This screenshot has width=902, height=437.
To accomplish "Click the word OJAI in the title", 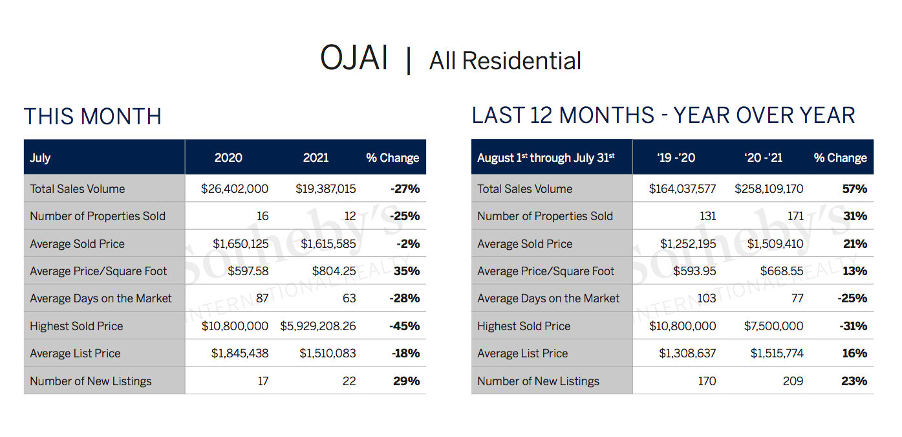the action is click(x=354, y=58).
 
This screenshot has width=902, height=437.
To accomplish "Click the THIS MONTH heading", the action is click(x=92, y=117).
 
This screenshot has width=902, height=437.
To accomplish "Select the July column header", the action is click(x=40, y=157).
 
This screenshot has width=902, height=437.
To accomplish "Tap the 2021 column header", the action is click(x=316, y=157).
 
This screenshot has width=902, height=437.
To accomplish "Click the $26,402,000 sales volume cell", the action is click(x=234, y=188).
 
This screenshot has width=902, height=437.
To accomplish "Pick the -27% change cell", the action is click(x=405, y=188).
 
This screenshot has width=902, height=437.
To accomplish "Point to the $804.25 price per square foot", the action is click(x=334, y=271).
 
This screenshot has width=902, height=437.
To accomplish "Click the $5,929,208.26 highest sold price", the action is click(x=318, y=326).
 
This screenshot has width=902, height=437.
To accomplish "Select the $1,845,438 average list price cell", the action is click(x=240, y=353).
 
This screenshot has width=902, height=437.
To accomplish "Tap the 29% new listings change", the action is click(x=406, y=381).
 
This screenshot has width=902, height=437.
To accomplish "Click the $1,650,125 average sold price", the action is click(x=241, y=243).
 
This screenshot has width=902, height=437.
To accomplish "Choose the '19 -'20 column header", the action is click(x=676, y=157).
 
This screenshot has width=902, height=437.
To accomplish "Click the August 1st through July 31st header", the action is click(x=546, y=157).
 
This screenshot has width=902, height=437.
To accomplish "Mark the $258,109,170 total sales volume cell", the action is click(x=769, y=188).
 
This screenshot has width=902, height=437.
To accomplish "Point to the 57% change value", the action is click(x=855, y=188).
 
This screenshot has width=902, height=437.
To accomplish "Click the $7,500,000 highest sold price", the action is click(x=773, y=326).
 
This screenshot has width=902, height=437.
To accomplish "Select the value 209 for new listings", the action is click(x=793, y=381).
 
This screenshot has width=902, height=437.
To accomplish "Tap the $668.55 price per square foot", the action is click(x=782, y=271).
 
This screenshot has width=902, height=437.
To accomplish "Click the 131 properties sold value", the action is click(x=707, y=216).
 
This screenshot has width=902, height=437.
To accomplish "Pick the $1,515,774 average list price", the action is click(x=777, y=353).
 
